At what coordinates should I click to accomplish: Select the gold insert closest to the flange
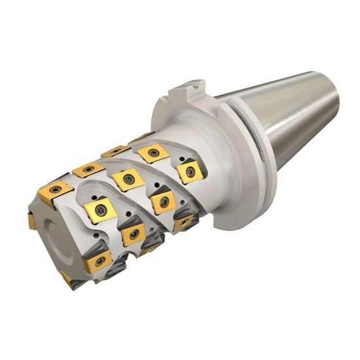click(x=189, y=172)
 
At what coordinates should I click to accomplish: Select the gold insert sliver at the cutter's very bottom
click(x=67, y=280)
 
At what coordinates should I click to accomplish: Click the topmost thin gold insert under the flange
click(x=140, y=138)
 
